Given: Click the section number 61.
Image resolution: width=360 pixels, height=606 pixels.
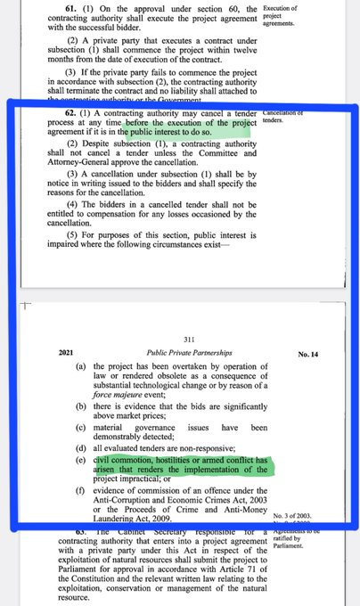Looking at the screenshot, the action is click(53, 8).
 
